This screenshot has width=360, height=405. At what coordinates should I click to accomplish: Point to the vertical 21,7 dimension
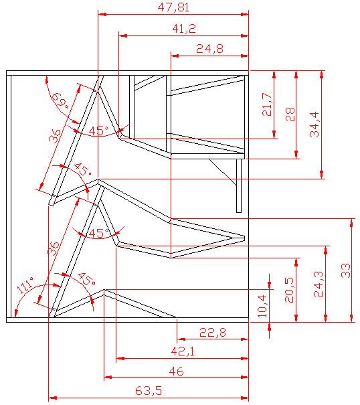pyautogui.click(x=268, y=104)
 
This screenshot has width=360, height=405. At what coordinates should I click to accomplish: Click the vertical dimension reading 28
pyautogui.click(x=290, y=114)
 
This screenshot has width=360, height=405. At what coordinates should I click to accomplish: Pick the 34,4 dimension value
pyautogui.click(x=314, y=125)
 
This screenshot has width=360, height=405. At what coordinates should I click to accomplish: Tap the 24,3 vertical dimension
pyautogui.click(x=319, y=284)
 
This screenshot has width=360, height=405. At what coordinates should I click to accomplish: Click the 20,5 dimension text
pyautogui.click(x=288, y=290)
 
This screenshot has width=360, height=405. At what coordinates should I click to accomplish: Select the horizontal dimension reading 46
pyautogui.click(x=176, y=371)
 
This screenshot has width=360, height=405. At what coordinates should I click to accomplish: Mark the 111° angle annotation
pyautogui.click(x=25, y=289)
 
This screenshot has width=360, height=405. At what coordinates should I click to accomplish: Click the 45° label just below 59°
pyautogui.click(x=98, y=131)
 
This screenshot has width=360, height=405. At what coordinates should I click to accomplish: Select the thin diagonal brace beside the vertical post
pyautogui.click(x=223, y=172)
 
